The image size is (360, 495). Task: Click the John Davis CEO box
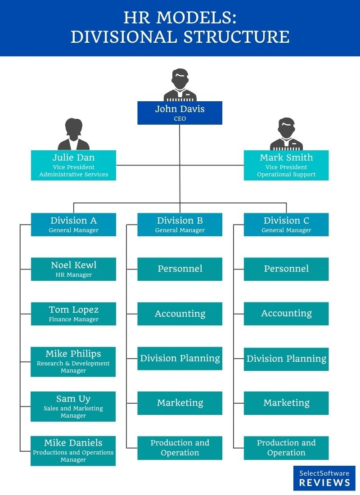pos(180,112)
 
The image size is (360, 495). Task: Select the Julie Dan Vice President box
pos(73,165)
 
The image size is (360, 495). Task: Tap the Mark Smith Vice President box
pos(286,165)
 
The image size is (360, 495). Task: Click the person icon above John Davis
pos(180,85)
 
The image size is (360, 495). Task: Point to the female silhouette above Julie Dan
pos(73,135)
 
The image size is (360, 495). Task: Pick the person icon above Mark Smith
pos(286,135)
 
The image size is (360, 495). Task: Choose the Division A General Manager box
pos(73,224)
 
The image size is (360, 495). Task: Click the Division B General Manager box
pos(180,224)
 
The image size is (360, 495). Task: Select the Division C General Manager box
pos(286,224)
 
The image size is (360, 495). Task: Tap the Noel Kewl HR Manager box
pos(73,269)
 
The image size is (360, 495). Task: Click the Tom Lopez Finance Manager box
pos(73,314)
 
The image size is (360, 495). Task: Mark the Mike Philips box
pos(73,361)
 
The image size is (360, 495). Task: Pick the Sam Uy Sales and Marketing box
pos(73,406)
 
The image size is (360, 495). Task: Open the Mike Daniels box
pos(73,450)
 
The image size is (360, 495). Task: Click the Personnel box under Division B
pos(180,269)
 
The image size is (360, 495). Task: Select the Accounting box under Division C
pos(286,313)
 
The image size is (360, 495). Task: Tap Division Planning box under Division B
pos(180,358)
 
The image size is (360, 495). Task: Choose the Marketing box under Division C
pos(286,403)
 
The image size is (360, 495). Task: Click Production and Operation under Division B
pos(180,448)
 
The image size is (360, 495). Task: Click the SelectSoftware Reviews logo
pos(324,478)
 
